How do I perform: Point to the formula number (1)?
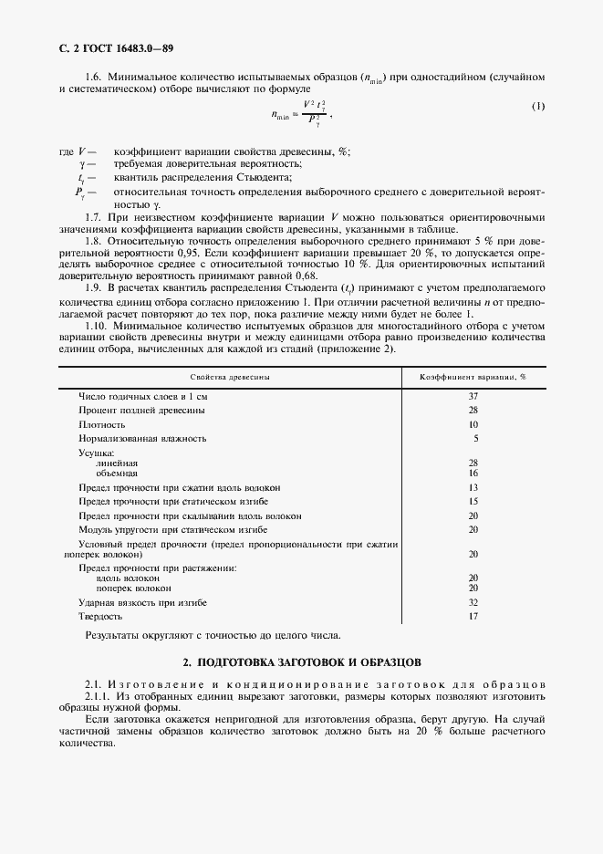537,107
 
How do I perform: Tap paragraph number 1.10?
98,326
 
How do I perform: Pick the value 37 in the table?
473,396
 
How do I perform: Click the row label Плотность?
101,424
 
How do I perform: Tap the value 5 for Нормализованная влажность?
475,438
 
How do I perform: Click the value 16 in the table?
473,474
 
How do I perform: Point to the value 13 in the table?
473,487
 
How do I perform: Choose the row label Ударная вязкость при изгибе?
142,603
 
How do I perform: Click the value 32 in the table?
473,603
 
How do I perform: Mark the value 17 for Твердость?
473,617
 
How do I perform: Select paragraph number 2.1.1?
99,695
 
